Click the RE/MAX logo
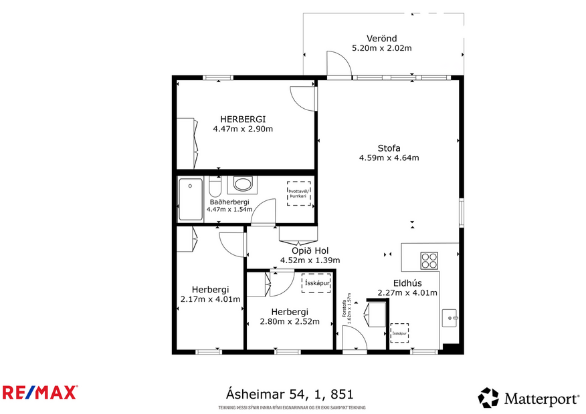point(40,392)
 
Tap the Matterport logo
point(528,399)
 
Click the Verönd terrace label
point(381,38)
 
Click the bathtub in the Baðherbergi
point(190,199)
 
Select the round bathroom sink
point(242,184)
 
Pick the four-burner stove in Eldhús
point(429,259)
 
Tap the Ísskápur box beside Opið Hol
point(315,283)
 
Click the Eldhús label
point(407,282)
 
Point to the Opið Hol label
point(310,250)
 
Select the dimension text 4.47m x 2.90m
point(243,129)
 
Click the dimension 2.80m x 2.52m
point(289,321)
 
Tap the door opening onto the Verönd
point(338,65)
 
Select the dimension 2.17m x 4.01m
point(210,299)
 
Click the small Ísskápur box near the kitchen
point(399,333)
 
